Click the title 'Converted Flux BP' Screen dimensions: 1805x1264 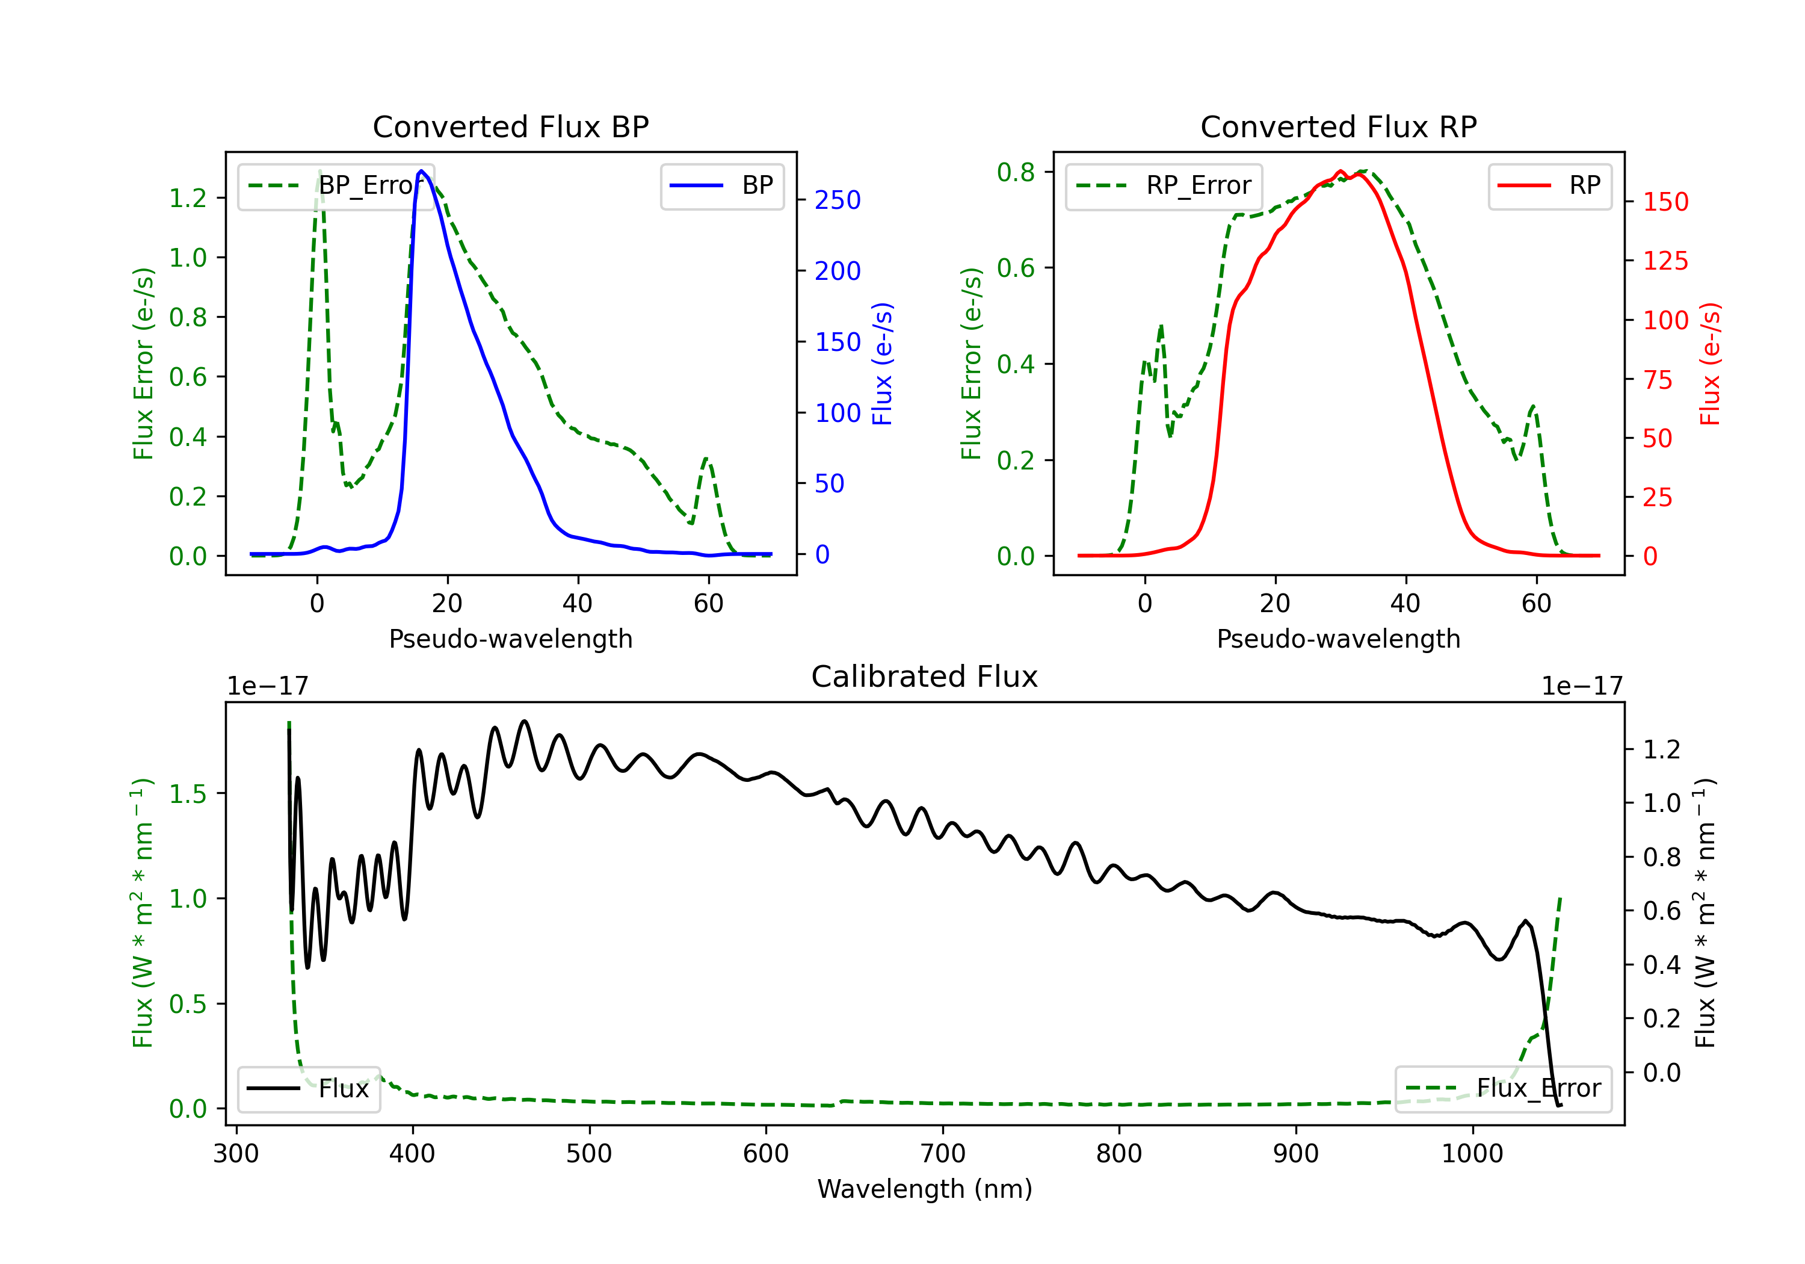pos(510,126)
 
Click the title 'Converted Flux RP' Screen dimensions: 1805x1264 pos(1338,126)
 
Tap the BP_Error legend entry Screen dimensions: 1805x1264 pos(336,185)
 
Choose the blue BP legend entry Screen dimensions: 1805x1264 pos(721,185)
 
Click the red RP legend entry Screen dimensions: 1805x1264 pos(1549,185)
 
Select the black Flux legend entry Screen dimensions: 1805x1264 pos(308,1089)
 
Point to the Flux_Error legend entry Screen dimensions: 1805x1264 pos(1503,1089)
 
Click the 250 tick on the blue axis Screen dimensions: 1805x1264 pos(838,200)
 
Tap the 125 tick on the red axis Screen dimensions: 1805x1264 pos(1665,261)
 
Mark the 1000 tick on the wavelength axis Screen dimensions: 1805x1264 pos(1472,1153)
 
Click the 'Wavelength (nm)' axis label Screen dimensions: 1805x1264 pos(925,1189)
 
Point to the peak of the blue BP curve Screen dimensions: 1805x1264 pos(421,171)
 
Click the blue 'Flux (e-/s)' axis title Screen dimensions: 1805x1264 pos(882,364)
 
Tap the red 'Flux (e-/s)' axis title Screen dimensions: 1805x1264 pos(1710,364)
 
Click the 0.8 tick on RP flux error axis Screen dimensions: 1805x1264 pos(1016,172)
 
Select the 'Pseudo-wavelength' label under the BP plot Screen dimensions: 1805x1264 pos(511,639)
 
